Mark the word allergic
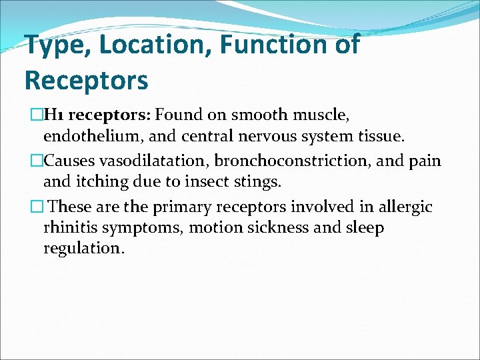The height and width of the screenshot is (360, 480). (x=407, y=207)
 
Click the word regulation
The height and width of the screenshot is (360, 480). (x=83, y=249)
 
